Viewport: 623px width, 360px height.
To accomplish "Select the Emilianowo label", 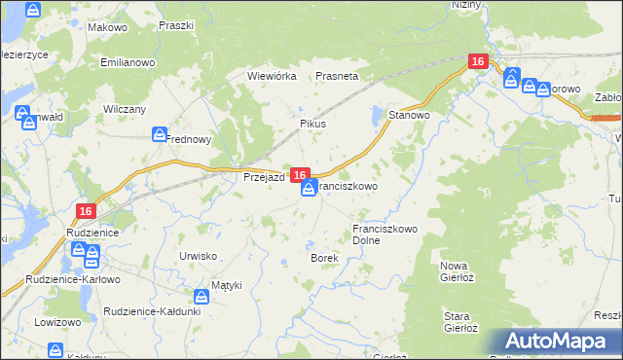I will [x=128, y=62].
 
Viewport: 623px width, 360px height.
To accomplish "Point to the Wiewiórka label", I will [x=272, y=75].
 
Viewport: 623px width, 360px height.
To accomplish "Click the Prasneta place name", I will [x=338, y=75].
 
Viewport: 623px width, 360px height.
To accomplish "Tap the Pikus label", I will [x=311, y=125].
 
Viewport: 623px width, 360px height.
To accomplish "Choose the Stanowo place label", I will [x=410, y=115].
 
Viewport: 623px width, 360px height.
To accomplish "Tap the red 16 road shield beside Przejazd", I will [x=300, y=174].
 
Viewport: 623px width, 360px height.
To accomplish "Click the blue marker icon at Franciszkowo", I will [x=309, y=190].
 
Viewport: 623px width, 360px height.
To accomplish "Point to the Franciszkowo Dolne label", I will [x=385, y=234].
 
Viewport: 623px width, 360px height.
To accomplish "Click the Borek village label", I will [x=323, y=258].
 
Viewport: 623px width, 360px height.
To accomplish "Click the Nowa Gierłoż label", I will [x=462, y=271].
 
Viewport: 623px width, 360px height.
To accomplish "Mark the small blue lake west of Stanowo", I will [x=377, y=117].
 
